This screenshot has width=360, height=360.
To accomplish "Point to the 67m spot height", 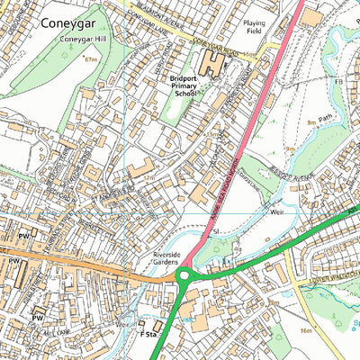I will [x=90, y=59].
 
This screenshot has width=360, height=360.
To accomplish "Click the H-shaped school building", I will [x=212, y=63].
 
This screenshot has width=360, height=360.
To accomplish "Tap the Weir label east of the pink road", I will [x=277, y=211].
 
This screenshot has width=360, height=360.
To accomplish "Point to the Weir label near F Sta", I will [x=123, y=321].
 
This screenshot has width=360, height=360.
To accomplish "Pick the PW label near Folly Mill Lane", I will [x=38, y=318].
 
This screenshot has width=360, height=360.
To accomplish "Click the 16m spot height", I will [x=307, y=331].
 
